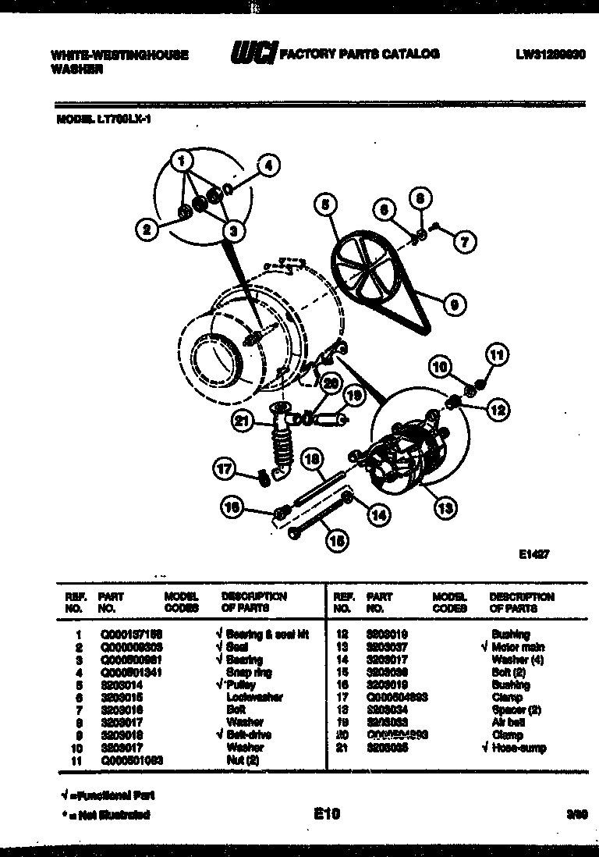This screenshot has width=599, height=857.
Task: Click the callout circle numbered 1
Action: point(182,162)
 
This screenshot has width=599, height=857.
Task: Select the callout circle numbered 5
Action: point(324,205)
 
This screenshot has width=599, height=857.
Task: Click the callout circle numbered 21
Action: point(243,422)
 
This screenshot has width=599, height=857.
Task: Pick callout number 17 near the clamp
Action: point(224,470)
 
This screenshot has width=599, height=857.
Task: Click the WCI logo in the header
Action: point(253,54)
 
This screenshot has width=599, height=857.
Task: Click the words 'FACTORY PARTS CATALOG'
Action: point(360,54)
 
